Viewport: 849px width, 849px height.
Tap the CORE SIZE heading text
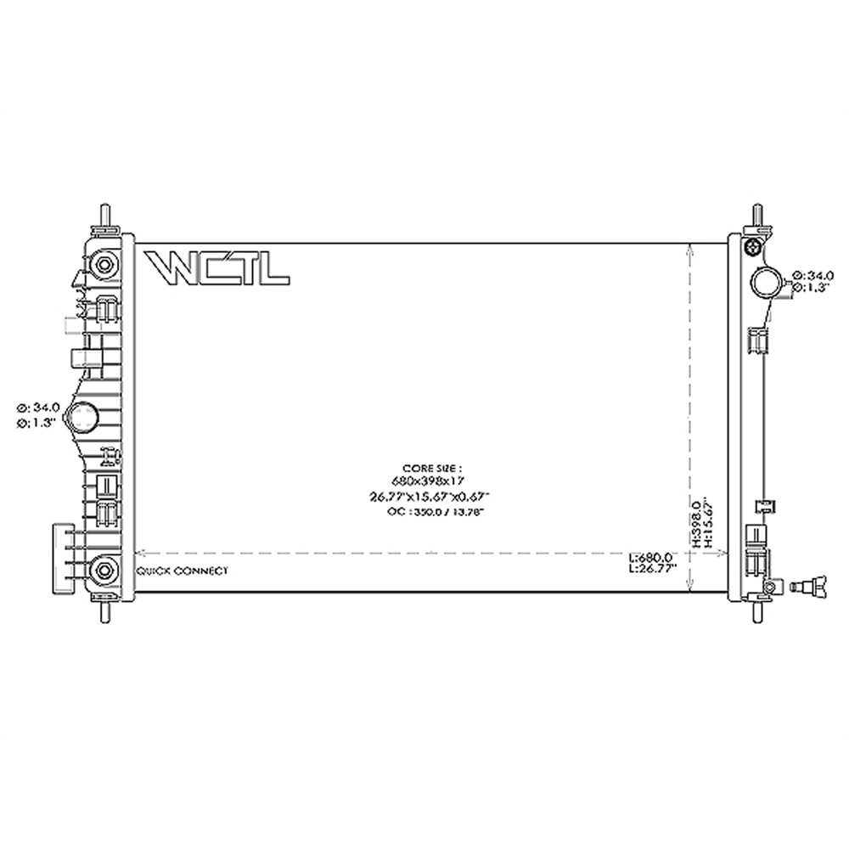(x=433, y=468)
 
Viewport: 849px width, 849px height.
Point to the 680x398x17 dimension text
(x=433, y=481)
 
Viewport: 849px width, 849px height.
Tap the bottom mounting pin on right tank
(x=756, y=611)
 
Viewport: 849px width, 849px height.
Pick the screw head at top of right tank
(x=751, y=247)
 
